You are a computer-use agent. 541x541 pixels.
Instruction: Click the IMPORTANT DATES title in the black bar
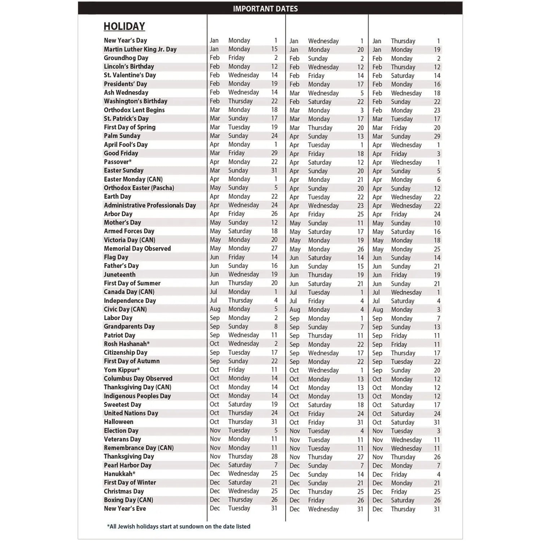(x=265, y=9)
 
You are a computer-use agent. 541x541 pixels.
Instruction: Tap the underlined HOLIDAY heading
(x=124, y=26)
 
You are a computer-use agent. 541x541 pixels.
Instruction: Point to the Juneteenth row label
(x=119, y=274)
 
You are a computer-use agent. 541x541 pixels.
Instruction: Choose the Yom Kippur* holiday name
(x=122, y=370)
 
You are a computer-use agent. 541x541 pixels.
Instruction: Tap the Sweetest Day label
(x=122, y=405)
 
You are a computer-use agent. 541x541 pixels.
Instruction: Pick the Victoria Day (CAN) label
(x=129, y=240)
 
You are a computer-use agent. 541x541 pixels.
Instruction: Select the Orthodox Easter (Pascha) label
(x=139, y=188)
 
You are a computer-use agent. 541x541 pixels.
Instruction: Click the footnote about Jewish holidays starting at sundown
(x=179, y=526)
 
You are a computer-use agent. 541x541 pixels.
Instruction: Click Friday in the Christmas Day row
(x=399, y=492)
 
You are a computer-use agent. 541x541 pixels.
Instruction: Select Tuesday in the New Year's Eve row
(x=239, y=508)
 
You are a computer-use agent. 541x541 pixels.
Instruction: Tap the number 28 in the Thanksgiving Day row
(x=274, y=456)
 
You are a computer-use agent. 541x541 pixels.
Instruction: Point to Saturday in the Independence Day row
(x=403, y=301)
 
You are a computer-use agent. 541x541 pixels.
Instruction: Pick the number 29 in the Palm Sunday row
(x=437, y=136)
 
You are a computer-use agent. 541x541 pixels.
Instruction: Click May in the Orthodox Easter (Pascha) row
(x=215, y=188)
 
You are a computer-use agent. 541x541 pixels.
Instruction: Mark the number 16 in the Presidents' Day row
(x=437, y=84)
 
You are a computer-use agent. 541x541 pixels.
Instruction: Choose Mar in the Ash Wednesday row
(x=294, y=93)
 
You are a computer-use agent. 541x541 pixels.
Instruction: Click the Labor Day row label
(x=118, y=318)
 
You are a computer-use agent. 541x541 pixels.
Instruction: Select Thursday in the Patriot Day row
(x=320, y=335)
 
